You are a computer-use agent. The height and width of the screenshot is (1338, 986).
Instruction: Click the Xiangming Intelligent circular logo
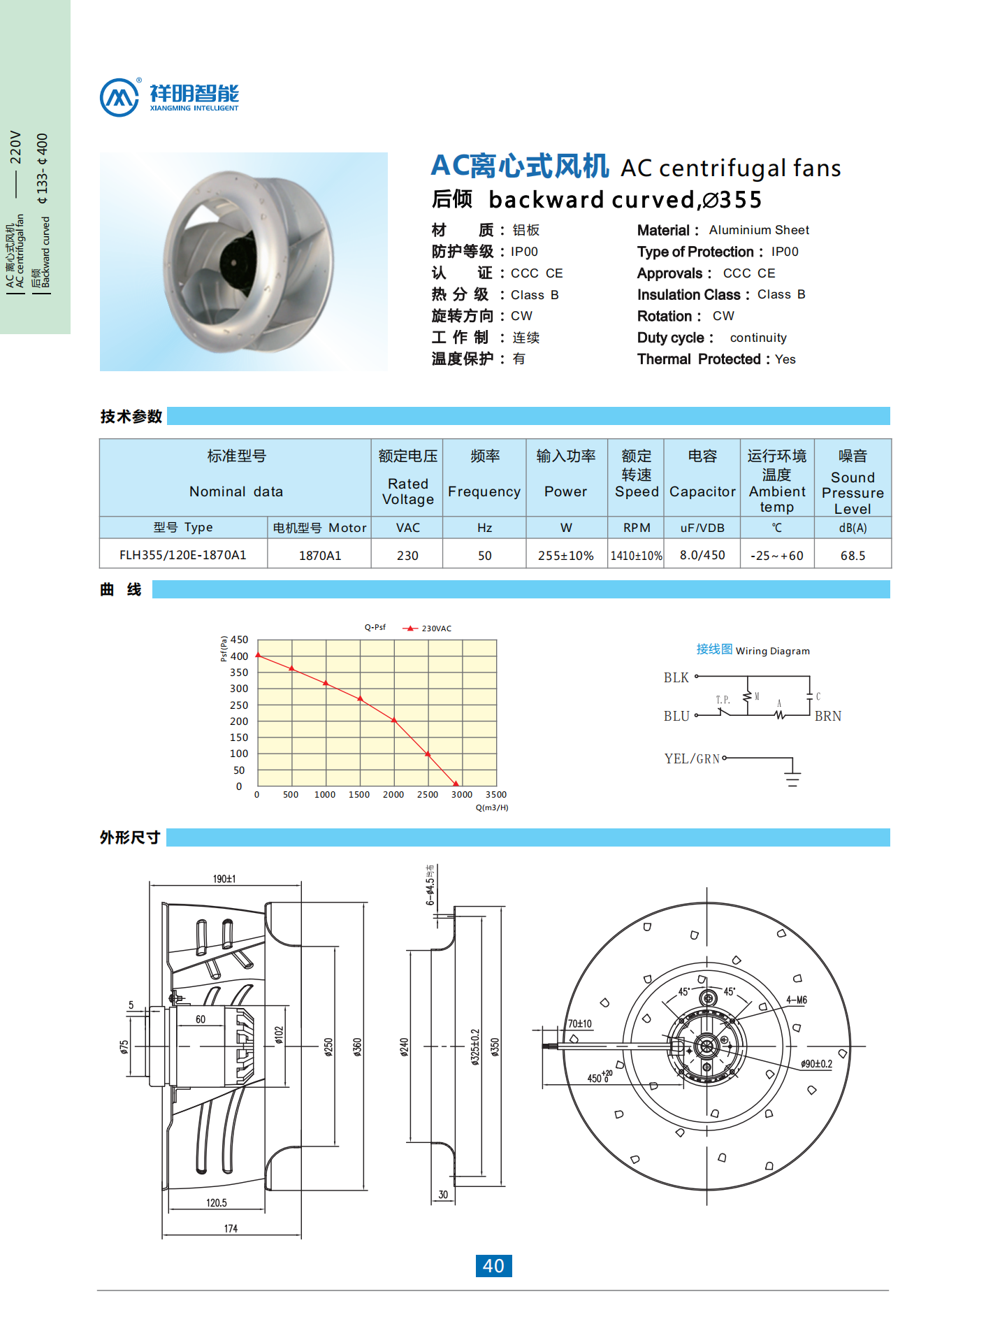(x=119, y=97)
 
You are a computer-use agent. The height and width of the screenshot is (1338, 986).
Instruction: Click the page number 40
(x=493, y=1266)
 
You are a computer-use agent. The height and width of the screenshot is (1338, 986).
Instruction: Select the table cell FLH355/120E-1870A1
(x=182, y=555)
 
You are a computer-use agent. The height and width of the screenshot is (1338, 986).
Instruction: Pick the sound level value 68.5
(x=853, y=556)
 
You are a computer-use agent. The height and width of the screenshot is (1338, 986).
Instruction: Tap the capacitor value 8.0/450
(x=702, y=555)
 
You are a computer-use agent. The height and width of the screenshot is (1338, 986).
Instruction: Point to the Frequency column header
(x=484, y=491)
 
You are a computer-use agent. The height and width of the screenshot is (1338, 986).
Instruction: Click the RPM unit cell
(x=637, y=528)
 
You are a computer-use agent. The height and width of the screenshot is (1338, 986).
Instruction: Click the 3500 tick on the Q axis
(x=496, y=795)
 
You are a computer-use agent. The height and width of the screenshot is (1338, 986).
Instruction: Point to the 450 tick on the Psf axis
(x=239, y=640)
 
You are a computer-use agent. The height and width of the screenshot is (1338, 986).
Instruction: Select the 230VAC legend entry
(x=428, y=628)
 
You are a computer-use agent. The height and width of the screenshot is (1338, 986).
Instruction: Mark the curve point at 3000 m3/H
(x=456, y=784)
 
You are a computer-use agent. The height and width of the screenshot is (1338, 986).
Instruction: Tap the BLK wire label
(x=676, y=677)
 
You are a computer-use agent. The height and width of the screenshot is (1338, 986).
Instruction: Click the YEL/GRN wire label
(x=692, y=758)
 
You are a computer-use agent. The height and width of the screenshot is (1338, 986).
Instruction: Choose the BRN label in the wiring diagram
(x=828, y=716)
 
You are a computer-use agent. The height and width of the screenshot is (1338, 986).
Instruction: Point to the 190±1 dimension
(x=224, y=879)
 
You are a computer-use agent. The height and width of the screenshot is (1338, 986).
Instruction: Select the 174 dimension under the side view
(x=231, y=1228)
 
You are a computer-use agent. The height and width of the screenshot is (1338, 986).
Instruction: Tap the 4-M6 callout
(x=797, y=1000)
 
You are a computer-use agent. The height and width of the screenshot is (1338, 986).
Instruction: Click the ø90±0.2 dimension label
(x=817, y=1064)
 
